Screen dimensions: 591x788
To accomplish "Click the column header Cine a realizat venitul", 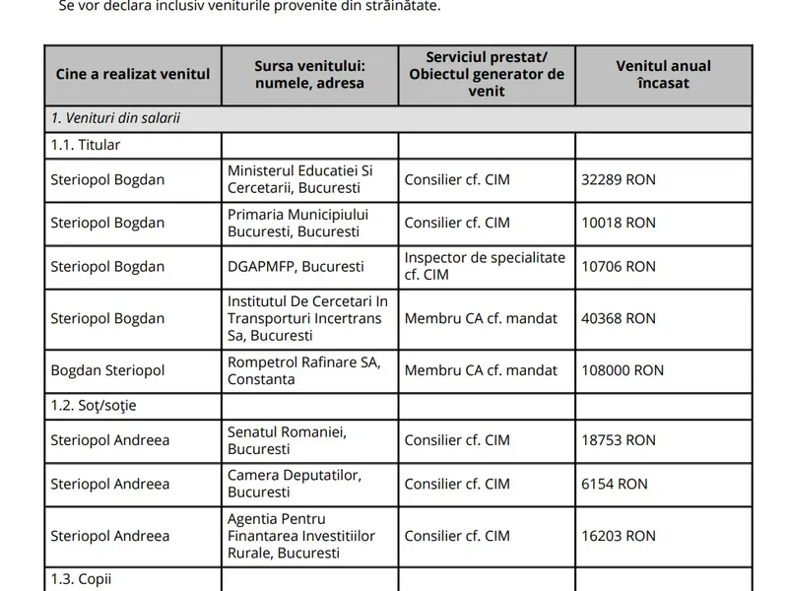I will pos(131,75).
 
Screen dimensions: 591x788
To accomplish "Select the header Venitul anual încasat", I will pos(663,75).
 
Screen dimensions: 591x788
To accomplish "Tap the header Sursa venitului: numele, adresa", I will pos(309,75).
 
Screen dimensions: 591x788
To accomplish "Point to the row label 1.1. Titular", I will pos(85,145).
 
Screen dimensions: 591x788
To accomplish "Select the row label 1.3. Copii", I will pos(82,579).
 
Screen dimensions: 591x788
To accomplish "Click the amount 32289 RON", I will pos(618,180).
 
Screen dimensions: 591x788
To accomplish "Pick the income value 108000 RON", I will pos(623,370).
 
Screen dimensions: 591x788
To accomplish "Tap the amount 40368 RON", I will pos(618,318).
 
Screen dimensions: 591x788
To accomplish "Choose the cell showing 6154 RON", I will pos(615,484).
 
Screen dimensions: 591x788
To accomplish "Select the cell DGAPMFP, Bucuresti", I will pos(295,266).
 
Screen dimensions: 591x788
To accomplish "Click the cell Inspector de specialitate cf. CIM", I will pos(485,266).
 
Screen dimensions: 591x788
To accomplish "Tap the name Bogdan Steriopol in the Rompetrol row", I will pos(108,370).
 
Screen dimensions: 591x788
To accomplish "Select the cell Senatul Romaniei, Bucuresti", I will pos(287,440).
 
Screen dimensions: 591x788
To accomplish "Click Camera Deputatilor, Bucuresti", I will pos(295,484).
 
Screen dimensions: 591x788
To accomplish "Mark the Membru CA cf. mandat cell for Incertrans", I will pos(481,318).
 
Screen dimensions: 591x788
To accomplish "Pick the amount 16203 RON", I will pos(618,536).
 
